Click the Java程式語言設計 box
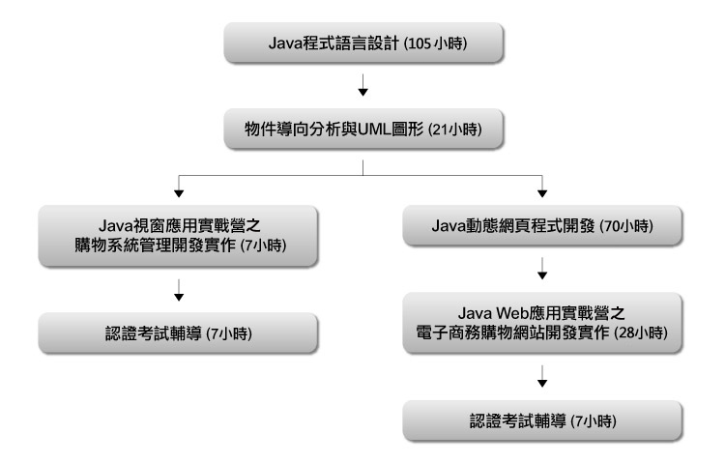[362, 44]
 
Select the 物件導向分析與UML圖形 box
[362, 129]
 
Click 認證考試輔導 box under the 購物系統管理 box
[180, 332]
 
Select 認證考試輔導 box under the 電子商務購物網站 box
[541, 422]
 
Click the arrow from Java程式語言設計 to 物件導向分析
[362, 90]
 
